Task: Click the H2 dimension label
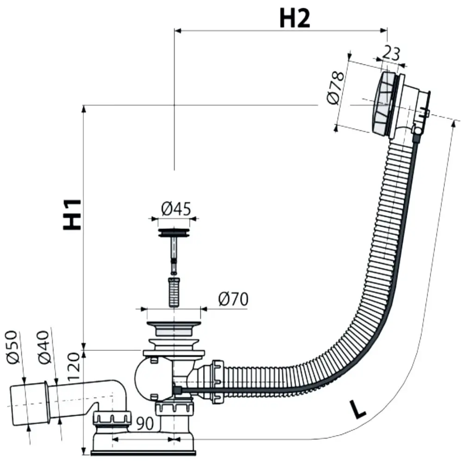point(295,18)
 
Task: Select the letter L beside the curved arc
point(358,409)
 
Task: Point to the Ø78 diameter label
point(336,88)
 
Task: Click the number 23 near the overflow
point(391,53)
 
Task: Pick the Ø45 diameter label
point(176,208)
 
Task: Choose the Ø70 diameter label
point(233,299)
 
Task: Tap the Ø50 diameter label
point(12,347)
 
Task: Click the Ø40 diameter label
point(43,348)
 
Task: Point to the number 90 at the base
point(145,423)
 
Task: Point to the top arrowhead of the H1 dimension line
point(84,108)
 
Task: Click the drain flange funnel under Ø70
point(174,328)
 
